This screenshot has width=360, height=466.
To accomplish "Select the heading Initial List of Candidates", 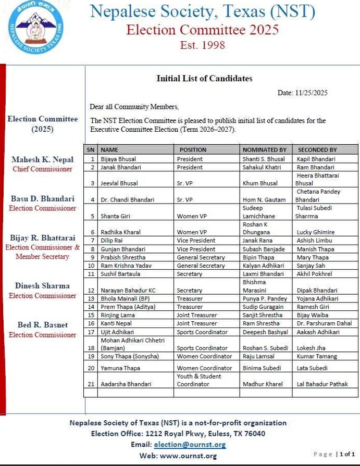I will tap(204, 79).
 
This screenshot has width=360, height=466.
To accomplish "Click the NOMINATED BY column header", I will tap(264, 150).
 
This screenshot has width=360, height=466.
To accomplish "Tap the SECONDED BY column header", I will tap(317, 150).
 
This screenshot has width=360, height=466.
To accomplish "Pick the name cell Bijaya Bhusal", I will tap(117, 159).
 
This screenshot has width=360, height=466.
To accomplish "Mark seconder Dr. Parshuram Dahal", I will tap(324, 323).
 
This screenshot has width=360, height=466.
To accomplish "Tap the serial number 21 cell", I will tap(91, 384).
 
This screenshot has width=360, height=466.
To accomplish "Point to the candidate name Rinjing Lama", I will tap(118, 315).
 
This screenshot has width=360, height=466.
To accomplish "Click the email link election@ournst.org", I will tap(190, 445).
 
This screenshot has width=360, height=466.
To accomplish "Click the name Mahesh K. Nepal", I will tap(43, 160).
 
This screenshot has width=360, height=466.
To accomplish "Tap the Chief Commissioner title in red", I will tap(43, 169).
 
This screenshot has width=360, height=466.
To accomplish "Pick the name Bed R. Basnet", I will tap(43, 325).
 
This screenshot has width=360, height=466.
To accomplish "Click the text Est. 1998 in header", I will tap(202, 45).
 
